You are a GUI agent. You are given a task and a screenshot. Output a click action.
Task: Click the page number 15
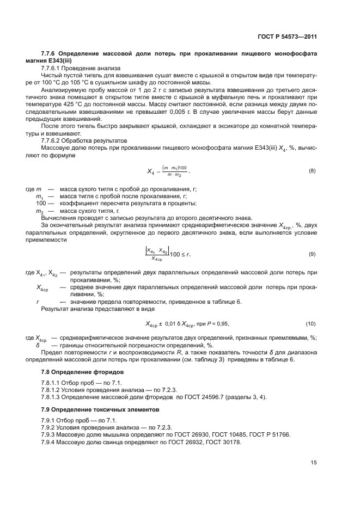tap(314, 463)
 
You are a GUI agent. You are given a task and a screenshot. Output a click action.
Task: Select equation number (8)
tap(312, 171)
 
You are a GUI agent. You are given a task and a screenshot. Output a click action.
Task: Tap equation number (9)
tap(312, 254)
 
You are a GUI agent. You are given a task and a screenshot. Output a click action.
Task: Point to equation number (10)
tap(311, 324)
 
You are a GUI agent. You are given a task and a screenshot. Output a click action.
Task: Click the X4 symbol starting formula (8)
tap(151, 171)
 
